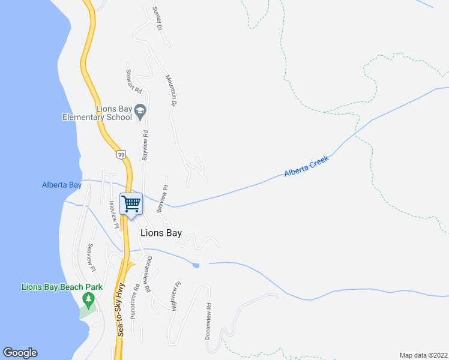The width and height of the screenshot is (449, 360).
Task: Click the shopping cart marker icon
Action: click(x=131, y=203)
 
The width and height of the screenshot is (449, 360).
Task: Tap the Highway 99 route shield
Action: click(x=121, y=155)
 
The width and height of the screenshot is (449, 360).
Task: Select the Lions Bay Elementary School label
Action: click(x=97, y=113)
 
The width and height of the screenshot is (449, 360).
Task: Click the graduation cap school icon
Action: click(x=140, y=110)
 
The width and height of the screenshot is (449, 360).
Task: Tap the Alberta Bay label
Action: click(x=62, y=185)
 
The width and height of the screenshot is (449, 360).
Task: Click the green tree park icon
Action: click(x=89, y=299)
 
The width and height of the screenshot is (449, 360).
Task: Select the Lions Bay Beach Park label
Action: click(x=62, y=287)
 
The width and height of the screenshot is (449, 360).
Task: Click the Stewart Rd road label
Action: click(x=133, y=80)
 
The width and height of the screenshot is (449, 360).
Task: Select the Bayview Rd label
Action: click(x=145, y=145)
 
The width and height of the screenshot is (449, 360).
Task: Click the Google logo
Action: click(x=20, y=353)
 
